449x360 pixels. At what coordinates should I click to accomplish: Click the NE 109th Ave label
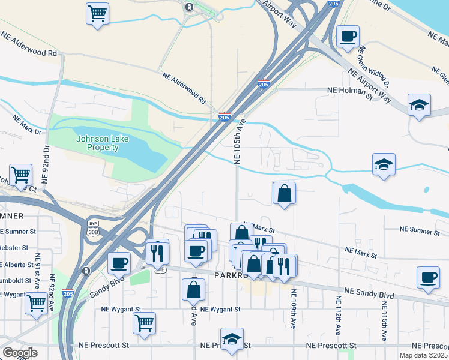294,309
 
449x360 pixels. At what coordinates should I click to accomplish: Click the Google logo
20,353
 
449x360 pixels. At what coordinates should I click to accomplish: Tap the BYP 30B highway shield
93,226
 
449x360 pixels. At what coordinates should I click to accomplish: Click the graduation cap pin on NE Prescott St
232,339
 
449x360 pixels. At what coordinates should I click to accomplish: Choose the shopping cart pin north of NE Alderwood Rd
97,13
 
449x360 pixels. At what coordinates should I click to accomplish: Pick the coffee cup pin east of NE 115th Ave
428,278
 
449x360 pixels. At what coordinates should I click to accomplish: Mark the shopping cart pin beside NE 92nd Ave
37,304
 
